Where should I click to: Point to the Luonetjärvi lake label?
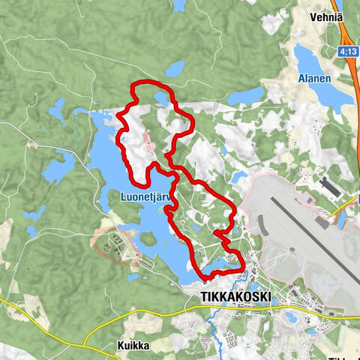tap(147, 198)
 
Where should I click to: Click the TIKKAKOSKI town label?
tap(235, 297)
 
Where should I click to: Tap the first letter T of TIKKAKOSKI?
tap(205, 297)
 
